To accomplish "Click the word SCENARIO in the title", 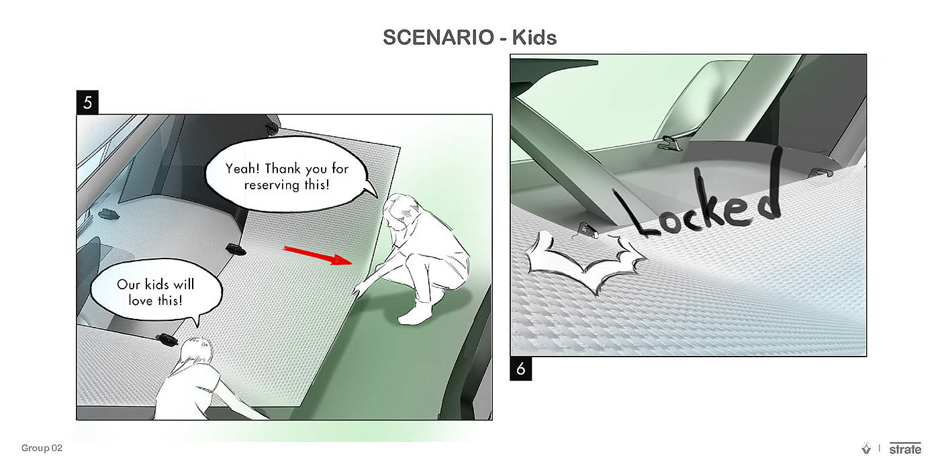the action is [x=438, y=38].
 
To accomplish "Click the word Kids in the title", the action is [x=534, y=38].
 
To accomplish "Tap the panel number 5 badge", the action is [x=87, y=102].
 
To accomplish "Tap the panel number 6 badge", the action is [x=521, y=369].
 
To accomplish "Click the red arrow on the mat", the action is [x=318, y=255].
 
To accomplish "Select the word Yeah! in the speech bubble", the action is [x=243, y=169].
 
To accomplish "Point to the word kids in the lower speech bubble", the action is [x=157, y=284].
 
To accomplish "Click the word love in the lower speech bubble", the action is [x=140, y=301].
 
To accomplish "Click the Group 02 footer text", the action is [x=42, y=448].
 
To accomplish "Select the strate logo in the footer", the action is [x=905, y=449].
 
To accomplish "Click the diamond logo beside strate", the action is [x=866, y=449].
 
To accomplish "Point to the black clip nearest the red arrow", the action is [x=236, y=249].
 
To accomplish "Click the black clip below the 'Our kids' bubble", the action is [x=167, y=339].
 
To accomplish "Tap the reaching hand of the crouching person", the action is [x=359, y=289].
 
